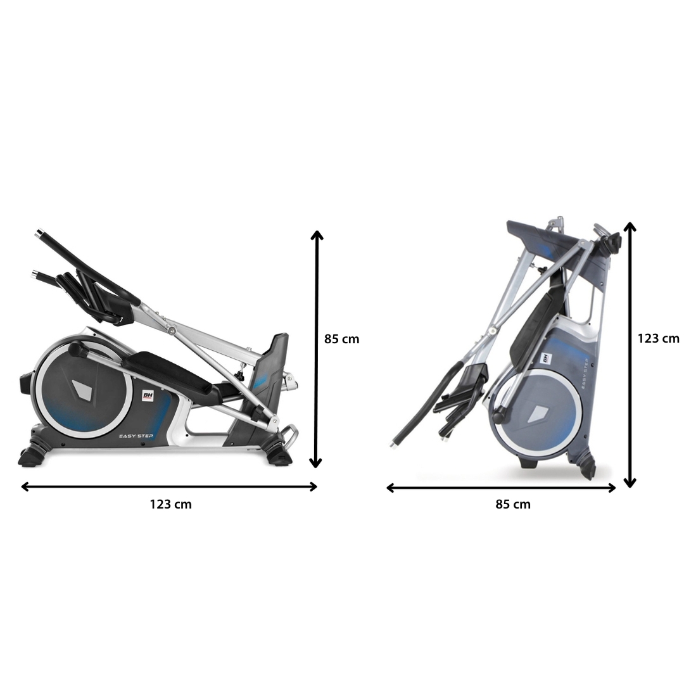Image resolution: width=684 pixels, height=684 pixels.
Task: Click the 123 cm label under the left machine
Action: tap(170, 504)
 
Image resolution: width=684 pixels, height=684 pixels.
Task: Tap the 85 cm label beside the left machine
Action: tap(341, 339)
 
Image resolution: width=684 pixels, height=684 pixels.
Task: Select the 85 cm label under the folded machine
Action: tap(513, 504)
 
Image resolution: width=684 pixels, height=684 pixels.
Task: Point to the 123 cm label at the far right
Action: tap(658, 338)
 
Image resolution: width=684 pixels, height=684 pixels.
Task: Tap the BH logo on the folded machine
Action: tap(546, 358)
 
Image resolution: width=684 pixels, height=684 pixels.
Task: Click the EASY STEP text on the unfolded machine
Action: tap(136, 436)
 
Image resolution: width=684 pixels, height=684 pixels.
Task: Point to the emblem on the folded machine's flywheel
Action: tap(537, 414)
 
